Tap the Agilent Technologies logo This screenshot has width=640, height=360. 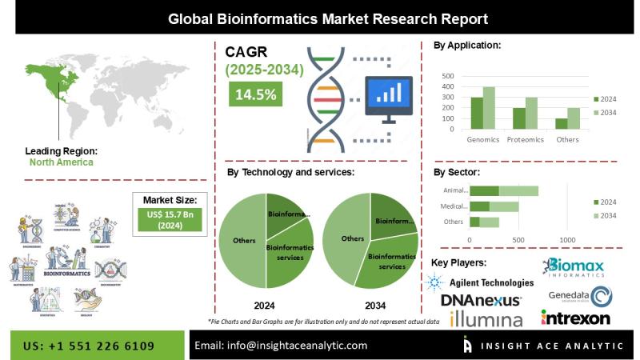pyautogui.click(x=479, y=282)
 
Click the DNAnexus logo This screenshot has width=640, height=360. pyautogui.click(x=481, y=301)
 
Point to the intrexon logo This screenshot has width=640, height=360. pyautogui.click(x=576, y=318)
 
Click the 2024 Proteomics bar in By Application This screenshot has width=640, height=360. pyautogui.click(x=519, y=118)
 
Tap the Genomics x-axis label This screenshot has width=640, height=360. pyautogui.click(x=483, y=139)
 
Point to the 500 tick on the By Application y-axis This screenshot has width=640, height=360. pyautogui.click(x=448, y=76)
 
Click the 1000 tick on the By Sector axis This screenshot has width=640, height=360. pyautogui.click(x=567, y=239)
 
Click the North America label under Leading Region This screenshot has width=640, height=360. pyautogui.click(x=62, y=162)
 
